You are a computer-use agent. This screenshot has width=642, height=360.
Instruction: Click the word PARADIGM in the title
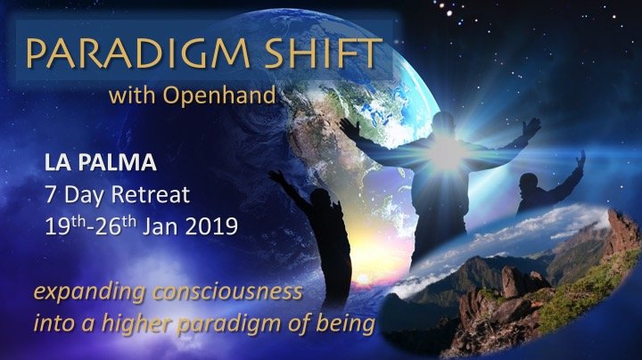pyautogui.click(x=137, y=53)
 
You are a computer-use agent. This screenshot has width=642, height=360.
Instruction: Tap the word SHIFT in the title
pyautogui.click(x=324, y=53)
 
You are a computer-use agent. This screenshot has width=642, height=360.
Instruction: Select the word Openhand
pyautogui.click(x=219, y=96)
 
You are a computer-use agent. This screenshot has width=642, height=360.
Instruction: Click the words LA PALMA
pyautogui.click(x=100, y=162)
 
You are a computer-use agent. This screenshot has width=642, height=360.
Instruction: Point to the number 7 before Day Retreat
pyautogui.click(x=50, y=195)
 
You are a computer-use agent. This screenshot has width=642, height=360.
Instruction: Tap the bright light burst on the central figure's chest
pyautogui.click(x=446, y=151)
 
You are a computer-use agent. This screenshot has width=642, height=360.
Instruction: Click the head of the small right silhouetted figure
pyautogui.click(x=528, y=182)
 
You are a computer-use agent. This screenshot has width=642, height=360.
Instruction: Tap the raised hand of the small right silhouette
pyautogui.click(x=580, y=160)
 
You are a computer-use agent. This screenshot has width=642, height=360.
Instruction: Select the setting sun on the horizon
pyautogui.click(x=363, y=280)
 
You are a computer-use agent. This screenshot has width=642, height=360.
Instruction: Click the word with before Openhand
pyautogui.click(x=132, y=95)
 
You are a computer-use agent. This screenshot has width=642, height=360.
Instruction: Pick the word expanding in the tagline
pyautogui.click(x=89, y=292)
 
